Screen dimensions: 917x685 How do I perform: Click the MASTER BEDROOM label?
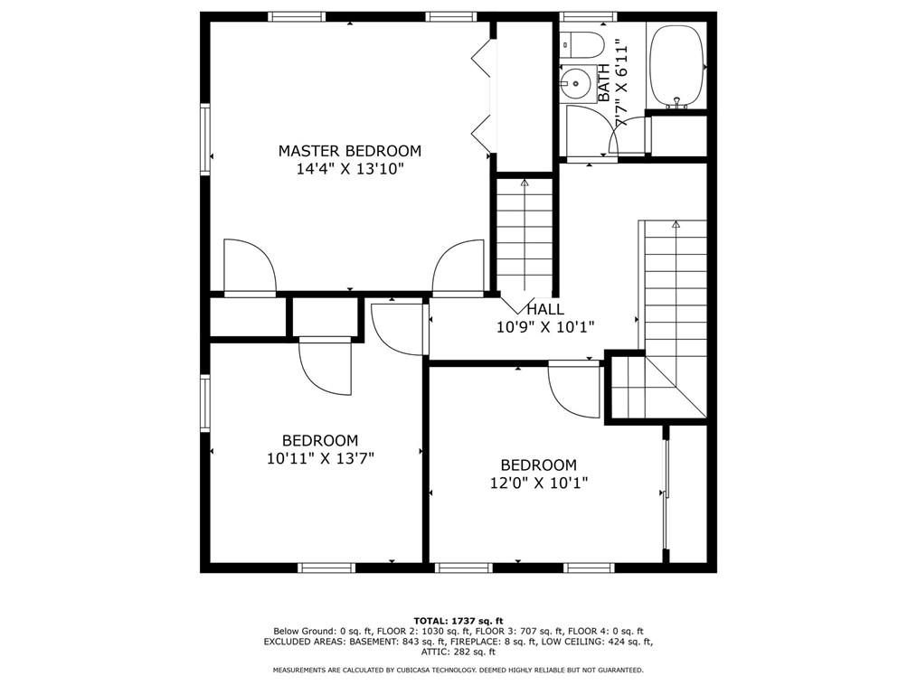(350, 151)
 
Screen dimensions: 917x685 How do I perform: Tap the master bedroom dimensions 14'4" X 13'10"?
(350, 170)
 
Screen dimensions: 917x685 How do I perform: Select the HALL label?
(545, 309)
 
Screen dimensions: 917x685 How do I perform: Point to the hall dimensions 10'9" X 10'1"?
(545, 327)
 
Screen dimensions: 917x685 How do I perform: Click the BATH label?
(603, 82)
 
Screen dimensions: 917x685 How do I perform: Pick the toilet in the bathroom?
(581, 45)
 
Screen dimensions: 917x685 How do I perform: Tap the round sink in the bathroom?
(575, 83)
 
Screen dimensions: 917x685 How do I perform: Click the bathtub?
(677, 66)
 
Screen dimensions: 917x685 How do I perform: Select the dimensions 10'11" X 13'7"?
(320, 458)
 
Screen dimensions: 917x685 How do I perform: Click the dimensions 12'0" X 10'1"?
(539, 483)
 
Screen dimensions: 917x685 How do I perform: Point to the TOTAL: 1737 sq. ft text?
(458, 621)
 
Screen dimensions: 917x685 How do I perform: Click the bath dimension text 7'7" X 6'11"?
(621, 84)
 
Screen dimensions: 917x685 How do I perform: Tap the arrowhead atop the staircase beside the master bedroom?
(524, 183)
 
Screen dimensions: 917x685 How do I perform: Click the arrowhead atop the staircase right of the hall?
(676, 224)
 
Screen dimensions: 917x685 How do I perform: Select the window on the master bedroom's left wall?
(204, 139)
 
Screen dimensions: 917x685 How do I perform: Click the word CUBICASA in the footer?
(421, 670)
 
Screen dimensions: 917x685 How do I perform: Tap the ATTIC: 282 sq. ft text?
(458, 652)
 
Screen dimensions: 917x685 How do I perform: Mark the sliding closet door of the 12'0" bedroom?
(666, 494)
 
